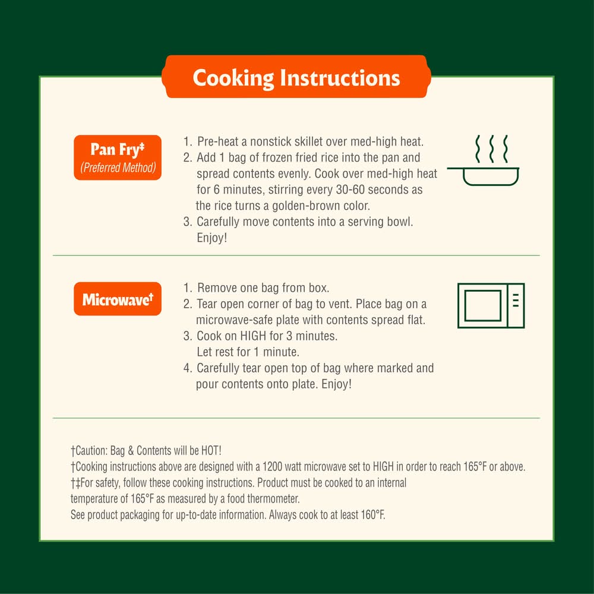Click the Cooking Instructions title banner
coord(296,77)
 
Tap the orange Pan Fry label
coord(118,157)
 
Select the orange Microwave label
coord(118,299)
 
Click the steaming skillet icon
coord(484,160)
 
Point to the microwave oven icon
coord(491,305)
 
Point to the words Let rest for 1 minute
coord(248,352)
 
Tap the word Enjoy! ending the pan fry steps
coord(212,238)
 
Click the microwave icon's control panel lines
coord(516,300)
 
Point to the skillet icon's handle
coord(455,168)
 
